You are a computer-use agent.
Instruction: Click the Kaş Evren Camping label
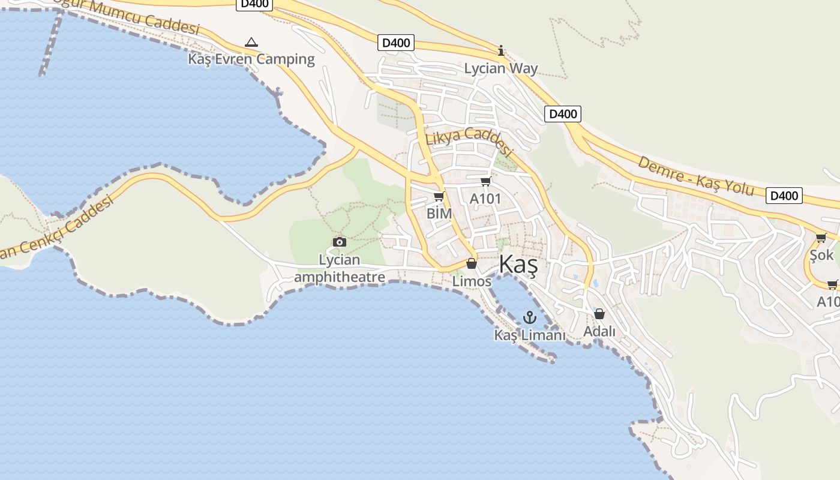(x=251, y=59)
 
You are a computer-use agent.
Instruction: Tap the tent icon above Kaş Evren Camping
(x=251, y=42)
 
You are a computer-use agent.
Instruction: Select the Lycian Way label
(x=501, y=68)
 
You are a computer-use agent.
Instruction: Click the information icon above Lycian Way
(x=501, y=50)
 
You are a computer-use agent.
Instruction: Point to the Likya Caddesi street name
(x=468, y=142)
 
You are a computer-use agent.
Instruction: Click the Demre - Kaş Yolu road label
(x=695, y=175)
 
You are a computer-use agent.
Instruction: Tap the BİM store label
(x=439, y=213)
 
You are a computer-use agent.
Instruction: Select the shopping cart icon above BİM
(x=439, y=196)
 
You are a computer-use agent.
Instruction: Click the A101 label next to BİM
(x=485, y=199)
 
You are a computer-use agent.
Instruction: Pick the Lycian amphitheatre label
(x=340, y=268)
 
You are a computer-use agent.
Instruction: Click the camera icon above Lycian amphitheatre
(x=340, y=242)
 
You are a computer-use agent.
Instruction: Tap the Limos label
(x=472, y=281)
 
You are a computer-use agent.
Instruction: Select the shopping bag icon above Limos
(x=472, y=263)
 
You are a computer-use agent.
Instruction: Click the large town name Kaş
(x=518, y=265)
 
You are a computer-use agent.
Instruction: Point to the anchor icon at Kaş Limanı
(x=529, y=317)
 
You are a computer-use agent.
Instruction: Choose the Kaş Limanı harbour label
(x=529, y=335)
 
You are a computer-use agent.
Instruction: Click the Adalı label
(x=599, y=331)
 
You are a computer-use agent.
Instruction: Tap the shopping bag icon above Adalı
(x=599, y=313)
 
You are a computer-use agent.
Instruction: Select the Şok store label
(x=821, y=255)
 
